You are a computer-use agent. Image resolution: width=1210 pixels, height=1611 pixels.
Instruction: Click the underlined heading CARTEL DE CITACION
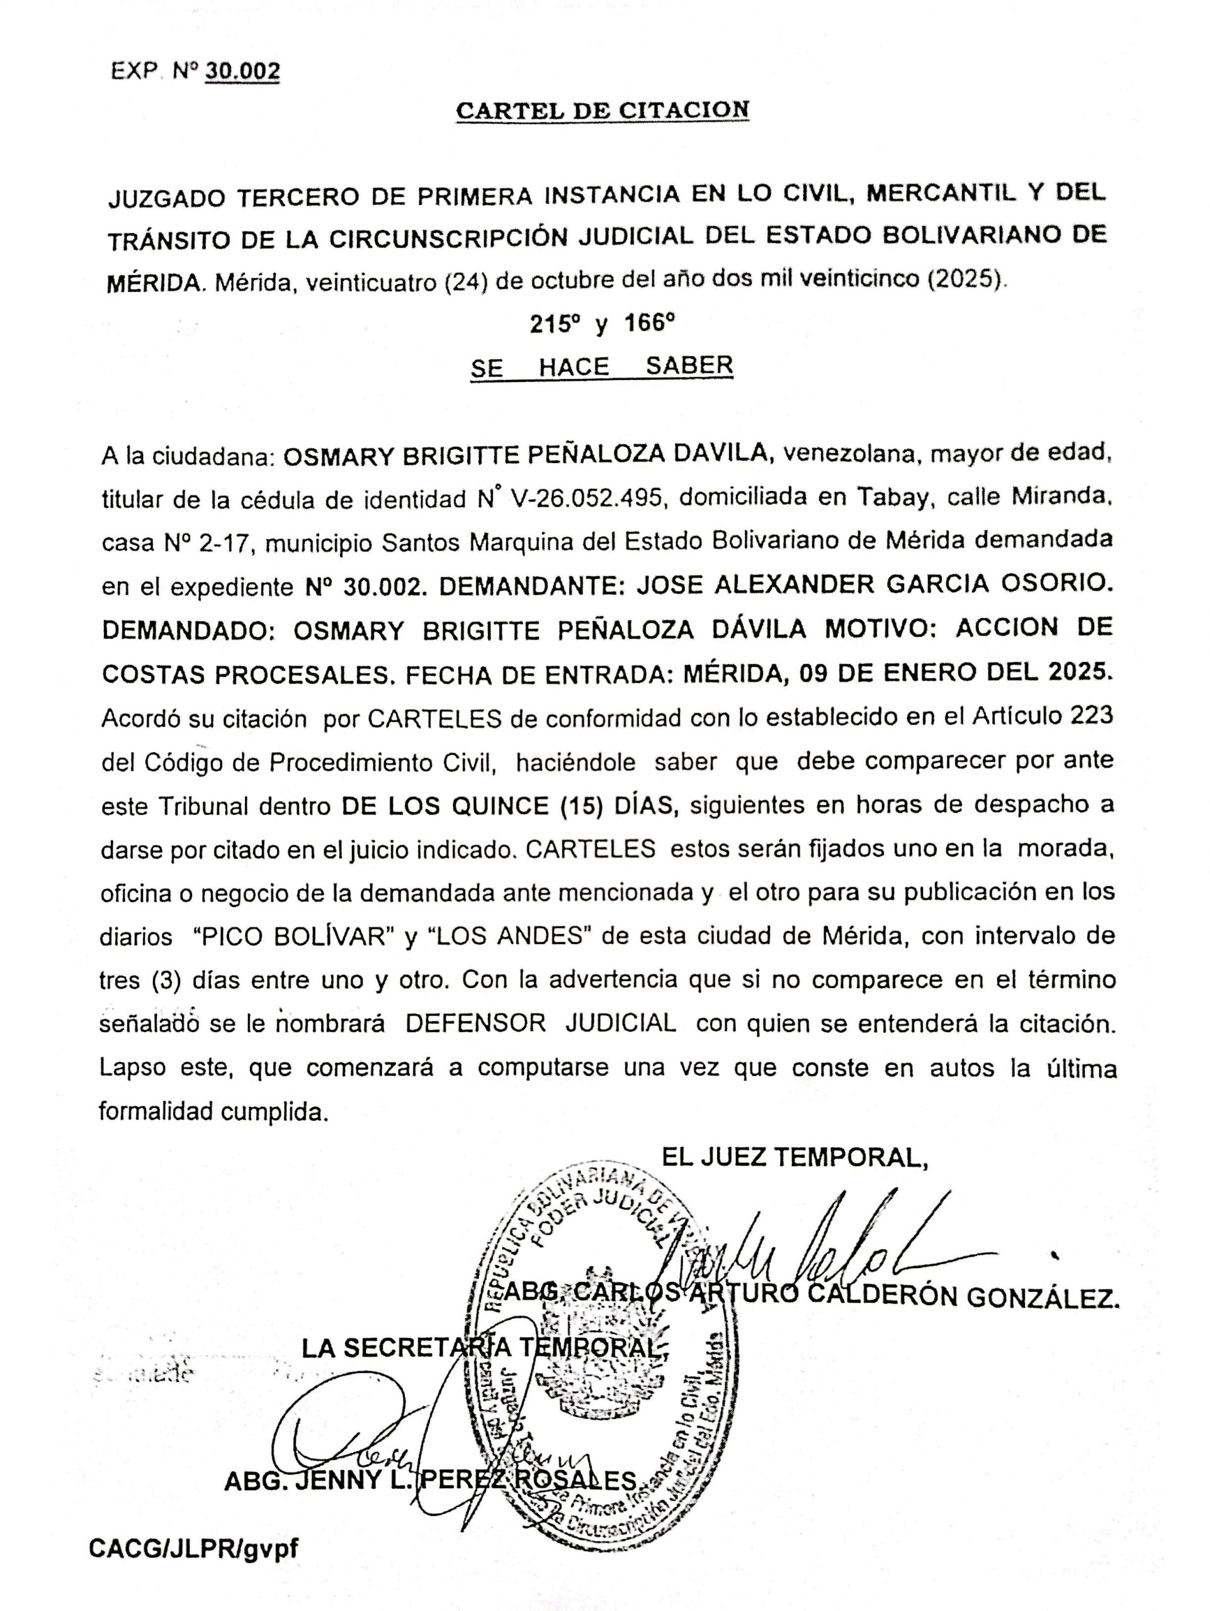(x=602, y=110)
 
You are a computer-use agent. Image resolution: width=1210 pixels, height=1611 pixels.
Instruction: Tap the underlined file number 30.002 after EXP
(x=242, y=70)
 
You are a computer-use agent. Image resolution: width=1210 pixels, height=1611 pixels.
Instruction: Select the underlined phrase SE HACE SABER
(x=601, y=366)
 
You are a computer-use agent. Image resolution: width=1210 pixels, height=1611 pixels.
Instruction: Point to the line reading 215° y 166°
(x=602, y=323)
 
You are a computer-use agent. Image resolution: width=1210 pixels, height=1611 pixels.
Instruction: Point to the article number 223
(x=1091, y=716)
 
